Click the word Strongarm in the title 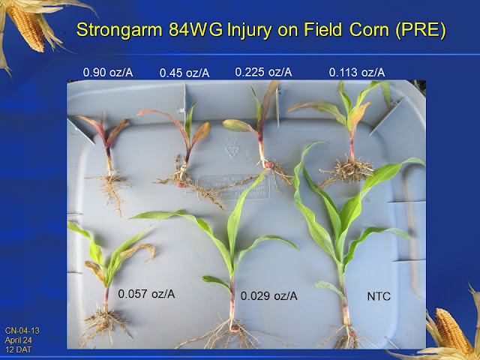point(120,30)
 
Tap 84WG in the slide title point(196,30)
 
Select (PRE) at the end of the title point(421,31)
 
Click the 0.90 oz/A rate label point(108,73)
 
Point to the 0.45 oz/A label point(184,73)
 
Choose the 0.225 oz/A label point(263,72)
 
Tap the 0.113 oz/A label point(357,73)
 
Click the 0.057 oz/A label point(146,294)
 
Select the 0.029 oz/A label point(269,296)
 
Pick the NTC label point(379,296)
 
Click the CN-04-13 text point(22,331)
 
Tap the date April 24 point(18,340)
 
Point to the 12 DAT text point(18,349)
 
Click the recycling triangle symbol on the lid point(232,149)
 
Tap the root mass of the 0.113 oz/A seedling point(347,171)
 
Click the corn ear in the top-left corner point(26,28)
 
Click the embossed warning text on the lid point(234,187)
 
